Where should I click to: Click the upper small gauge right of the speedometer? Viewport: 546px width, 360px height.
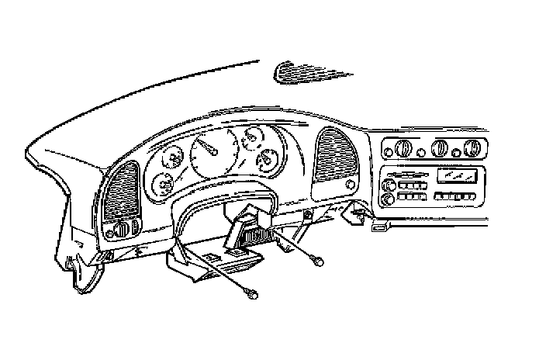(252, 140)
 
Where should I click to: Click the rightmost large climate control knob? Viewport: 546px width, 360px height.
(473, 148)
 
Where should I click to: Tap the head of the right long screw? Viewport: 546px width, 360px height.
(319, 262)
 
